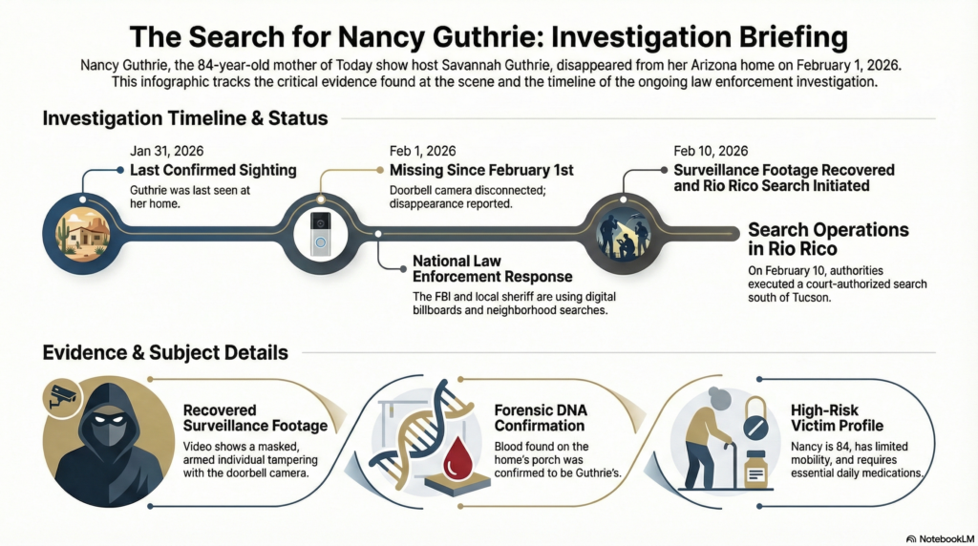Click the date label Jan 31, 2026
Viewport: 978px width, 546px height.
166,151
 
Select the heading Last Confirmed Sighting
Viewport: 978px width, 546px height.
212,170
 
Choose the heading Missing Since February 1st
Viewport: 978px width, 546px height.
481,170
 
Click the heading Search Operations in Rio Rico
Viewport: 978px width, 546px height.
827,239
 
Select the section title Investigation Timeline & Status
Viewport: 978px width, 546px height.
185,119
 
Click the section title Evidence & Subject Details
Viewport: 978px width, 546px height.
165,352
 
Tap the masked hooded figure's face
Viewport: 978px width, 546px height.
101,428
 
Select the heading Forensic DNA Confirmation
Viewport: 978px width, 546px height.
539,418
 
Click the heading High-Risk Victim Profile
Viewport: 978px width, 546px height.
836,417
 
